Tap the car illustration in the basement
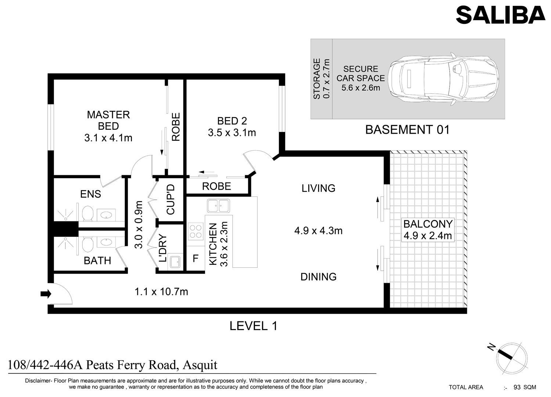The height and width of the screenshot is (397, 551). pos(443,79)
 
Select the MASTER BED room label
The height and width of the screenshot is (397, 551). pos(108,120)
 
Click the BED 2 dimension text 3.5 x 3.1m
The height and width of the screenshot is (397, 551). pos(232,133)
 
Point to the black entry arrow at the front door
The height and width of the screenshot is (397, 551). pos(46,294)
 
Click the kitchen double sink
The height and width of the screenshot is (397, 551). pos(219,206)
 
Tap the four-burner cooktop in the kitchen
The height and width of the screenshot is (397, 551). pos(195,231)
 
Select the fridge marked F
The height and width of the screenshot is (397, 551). pos(195,259)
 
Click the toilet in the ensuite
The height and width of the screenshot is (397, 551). pos(87,213)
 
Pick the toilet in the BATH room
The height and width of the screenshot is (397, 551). pos(87,244)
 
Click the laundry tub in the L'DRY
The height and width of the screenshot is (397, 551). pos(175,262)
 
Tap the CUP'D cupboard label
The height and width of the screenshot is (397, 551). pos(170,199)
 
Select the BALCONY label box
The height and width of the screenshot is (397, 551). pos(428,230)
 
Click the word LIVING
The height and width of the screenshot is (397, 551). pos(318,188)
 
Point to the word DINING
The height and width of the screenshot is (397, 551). pos(318,277)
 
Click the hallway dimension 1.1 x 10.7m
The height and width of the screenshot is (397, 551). pos(161,292)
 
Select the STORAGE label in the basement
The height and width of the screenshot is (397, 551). pos(317,79)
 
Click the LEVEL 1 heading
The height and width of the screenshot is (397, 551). pos(253,326)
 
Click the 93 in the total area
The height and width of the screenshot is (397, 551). pos(517,387)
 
